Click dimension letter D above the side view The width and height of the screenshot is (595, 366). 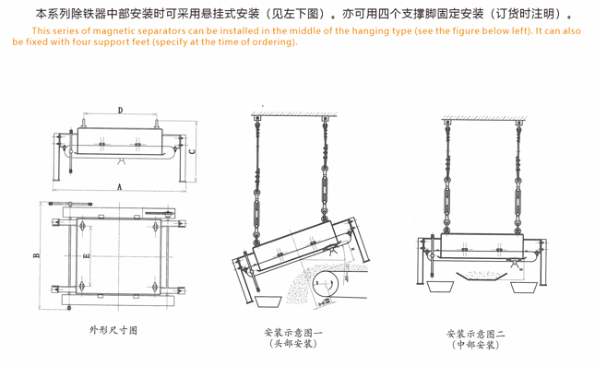point(120,111)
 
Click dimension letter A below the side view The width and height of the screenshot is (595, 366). point(120,186)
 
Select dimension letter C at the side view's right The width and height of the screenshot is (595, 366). point(193,151)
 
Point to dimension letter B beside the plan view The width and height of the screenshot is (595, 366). point(36,255)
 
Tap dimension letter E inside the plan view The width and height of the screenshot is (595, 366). point(87,255)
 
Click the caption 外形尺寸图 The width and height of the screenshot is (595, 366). point(113,330)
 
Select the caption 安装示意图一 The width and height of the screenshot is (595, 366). point(293,333)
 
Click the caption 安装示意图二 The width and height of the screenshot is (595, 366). point(475,334)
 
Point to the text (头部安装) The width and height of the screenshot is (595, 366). point(293,344)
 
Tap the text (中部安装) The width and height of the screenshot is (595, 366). point(475,345)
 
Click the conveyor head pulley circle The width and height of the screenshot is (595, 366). point(325,284)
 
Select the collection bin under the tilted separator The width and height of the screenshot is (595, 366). point(268,301)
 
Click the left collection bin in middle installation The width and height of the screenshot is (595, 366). point(440,287)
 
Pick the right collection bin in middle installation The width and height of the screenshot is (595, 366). point(524,287)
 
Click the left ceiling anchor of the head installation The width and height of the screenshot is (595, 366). point(257,118)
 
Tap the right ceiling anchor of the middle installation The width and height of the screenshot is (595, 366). point(518,123)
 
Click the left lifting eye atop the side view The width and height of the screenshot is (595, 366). point(83,124)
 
